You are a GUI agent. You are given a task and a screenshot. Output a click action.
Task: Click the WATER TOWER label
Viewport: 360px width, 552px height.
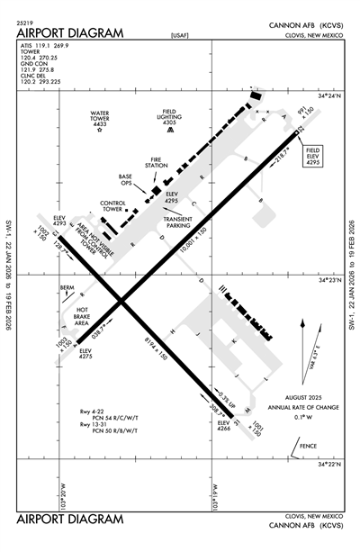pyautogui.click(x=99, y=118)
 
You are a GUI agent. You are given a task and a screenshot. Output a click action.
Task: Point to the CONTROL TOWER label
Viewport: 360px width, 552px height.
pyautogui.click(x=112, y=206)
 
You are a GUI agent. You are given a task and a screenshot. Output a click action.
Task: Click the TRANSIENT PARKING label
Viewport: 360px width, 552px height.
pyautogui.click(x=178, y=221)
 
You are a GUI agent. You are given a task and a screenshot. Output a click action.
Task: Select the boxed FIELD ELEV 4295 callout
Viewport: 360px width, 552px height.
pyautogui.click(x=313, y=155)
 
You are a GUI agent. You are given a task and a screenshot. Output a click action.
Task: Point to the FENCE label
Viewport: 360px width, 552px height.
pyautogui.click(x=309, y=445)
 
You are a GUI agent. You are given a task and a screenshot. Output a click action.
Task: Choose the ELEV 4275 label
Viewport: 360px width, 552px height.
pyautogui.click(x=85, y=353)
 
